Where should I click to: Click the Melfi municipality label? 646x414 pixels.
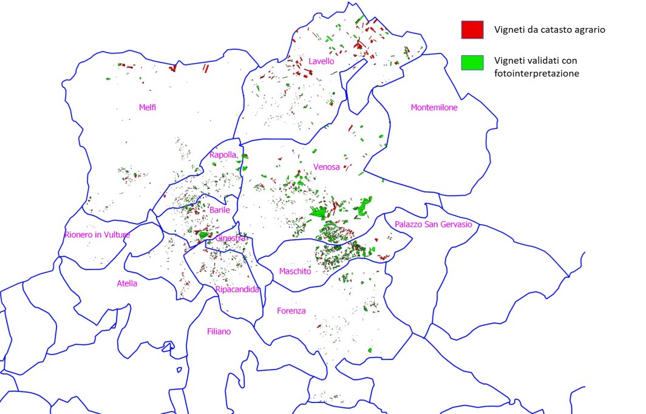pyautogui.click(x=148, y=107)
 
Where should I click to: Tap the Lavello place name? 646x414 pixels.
pyautogui.click(x=321, y=61)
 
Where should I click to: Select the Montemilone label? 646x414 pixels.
pyautogui.click(x=434, y=107)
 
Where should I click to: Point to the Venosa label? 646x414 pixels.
pyautogui.click(x=327, y=167)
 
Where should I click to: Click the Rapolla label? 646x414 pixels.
pyautogui.click(x=222, y=155)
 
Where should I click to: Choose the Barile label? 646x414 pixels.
pyautogui.click(x=219, y=210)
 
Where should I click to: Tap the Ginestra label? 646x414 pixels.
pyautogui.click(x=231, y=239)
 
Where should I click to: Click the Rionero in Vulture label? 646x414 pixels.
pyautogui.click(x=97, y=234)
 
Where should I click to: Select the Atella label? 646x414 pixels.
pyautogui.click(x=127, y=283)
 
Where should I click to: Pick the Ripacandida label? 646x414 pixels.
pyautogui.click(x=237, y=290)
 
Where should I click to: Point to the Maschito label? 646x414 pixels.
pyautogui.click(x=295, y=271)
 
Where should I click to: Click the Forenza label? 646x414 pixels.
pyautogui.click(x=291, y=311)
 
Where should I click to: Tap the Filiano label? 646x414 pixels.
pyautogui.click(x=219, y=331)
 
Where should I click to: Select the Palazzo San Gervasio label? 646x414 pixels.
pyautogui.click(x=433, y=225)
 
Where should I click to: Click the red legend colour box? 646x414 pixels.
pyautogui.click(x=472, y=29)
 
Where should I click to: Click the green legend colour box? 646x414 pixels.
pyautogui.click(x=472, y=62)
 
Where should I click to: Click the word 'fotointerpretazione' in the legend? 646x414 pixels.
pyautogui.click(x=537, y=73)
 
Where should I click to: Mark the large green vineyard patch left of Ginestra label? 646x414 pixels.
pyautogui.click(x=205, y=234)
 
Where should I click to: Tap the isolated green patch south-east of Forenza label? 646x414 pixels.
pyautogui.click(x=370, y=350)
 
